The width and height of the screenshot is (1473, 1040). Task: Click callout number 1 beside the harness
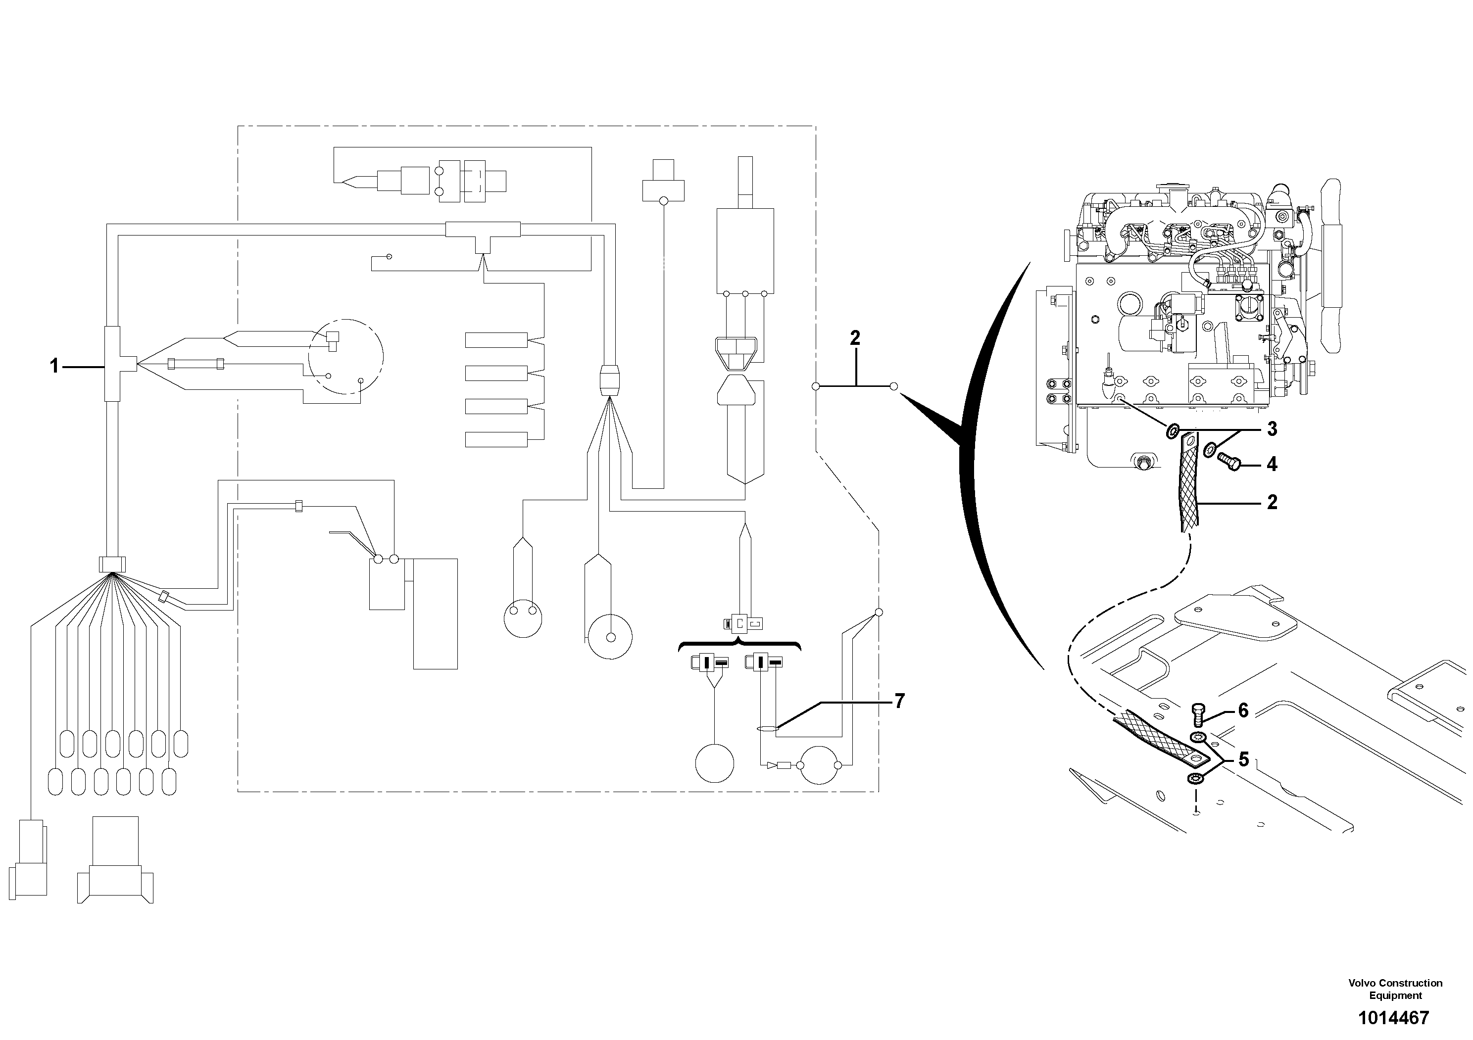(54, 366)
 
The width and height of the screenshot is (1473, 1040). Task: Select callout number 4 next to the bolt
(1272, 464)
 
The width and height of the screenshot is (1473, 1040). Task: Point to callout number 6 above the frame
(1243, 710)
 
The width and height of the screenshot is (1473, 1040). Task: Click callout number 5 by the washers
(1243, 760)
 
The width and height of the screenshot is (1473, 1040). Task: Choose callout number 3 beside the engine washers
(1272, 429)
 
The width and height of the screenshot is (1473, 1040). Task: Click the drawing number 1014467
(1393, 1018)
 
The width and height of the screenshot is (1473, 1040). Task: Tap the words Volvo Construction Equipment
(1395, 989)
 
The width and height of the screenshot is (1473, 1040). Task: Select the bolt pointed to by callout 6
(1198, 712)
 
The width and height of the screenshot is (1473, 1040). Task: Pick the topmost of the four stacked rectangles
(496, 340)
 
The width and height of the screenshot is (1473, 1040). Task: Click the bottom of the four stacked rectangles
(496, 439)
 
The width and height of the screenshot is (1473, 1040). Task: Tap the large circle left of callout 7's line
(715, 763)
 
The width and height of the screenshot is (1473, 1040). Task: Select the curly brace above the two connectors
(739, 644)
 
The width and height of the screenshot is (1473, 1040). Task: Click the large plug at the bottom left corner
(115, 862)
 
